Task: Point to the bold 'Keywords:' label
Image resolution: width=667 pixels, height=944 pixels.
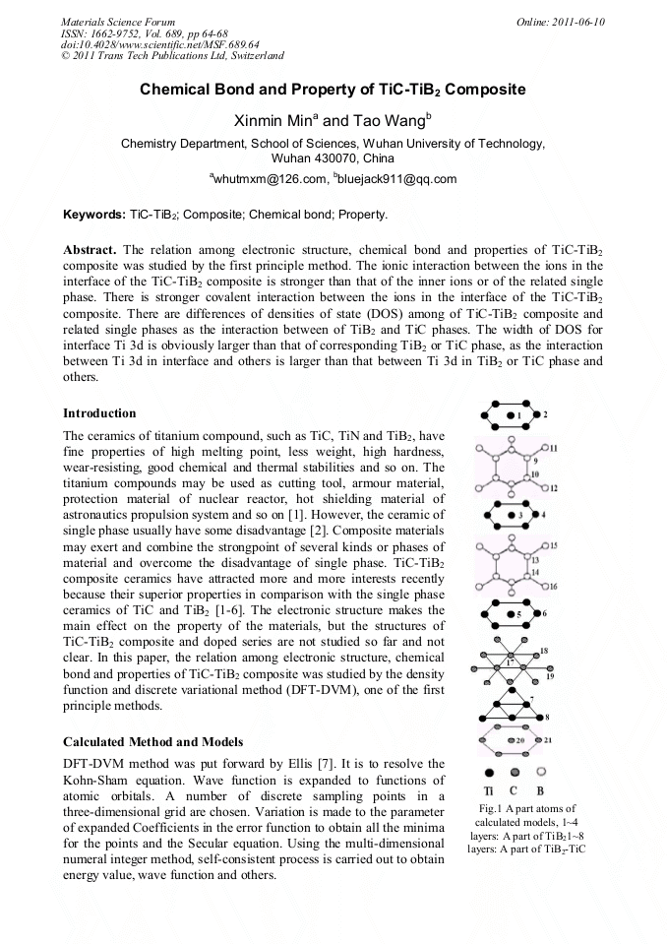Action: (93, 214)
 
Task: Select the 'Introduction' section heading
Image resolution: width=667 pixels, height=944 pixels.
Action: (99, 412)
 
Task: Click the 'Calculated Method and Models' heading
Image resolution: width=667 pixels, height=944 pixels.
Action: (153, 740)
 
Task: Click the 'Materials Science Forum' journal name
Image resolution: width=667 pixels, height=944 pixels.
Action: (118, 21)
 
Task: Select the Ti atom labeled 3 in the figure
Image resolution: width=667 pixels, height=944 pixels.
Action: (510, 515)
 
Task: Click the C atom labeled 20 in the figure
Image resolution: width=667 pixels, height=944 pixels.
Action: (511, 739)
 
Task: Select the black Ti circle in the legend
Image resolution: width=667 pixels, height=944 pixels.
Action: (490, 773)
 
